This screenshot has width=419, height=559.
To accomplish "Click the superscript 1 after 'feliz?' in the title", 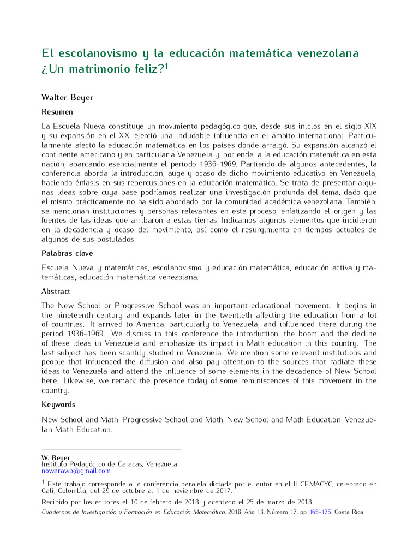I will click(167, 66).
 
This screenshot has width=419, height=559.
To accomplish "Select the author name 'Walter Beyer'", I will click(67, 98).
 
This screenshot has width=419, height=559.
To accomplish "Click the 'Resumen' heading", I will click(57, 112).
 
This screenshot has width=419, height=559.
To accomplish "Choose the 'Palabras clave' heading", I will click(67, 253).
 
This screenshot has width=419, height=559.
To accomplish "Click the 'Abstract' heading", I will click(56, 292).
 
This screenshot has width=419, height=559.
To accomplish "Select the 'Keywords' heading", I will click(58, 405).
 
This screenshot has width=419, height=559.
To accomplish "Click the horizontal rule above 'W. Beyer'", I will click(111, 450).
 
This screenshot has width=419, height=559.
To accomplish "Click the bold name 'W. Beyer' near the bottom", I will click(56, 457).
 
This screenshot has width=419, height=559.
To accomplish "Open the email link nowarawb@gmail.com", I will click(76, 471).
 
